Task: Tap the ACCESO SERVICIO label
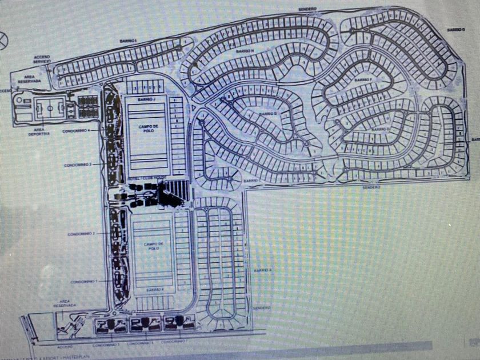point(42,59)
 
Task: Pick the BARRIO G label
point(455,29)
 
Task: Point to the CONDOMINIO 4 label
point(85,130)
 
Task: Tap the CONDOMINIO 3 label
point(78,165)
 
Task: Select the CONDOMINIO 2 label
point(81,234)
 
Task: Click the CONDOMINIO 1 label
point(85,282)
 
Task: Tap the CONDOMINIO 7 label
point(172,342)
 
